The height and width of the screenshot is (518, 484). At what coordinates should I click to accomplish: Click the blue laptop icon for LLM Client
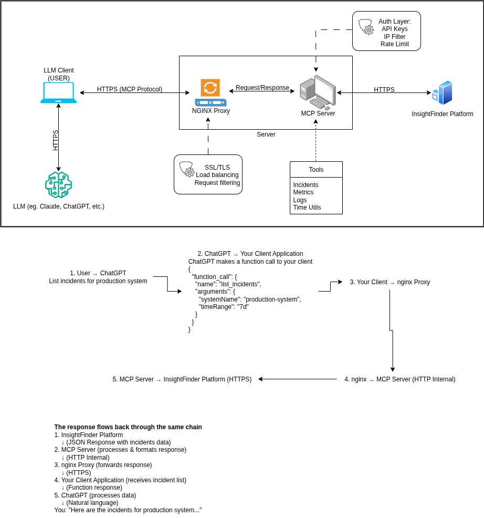click(x=58, y=93)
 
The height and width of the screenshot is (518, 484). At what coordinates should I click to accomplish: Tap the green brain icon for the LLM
click(x=58, y=185)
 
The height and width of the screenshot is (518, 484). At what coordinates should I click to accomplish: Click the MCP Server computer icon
click(x=318, y=92)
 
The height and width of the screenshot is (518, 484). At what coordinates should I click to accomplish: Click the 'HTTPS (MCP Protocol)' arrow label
click(x=130, y=89)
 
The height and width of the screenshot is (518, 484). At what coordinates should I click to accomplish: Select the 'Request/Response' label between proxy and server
click(x=262, y=88)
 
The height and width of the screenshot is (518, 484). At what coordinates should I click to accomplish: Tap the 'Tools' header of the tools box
click(x=316, y=170)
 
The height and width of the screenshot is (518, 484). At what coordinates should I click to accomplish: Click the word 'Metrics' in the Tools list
click(x=303, y=192)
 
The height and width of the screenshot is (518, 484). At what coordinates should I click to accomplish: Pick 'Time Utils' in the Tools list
click(x=307, y=208)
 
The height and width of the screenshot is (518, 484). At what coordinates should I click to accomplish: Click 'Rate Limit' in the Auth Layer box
click(x=394, y=44)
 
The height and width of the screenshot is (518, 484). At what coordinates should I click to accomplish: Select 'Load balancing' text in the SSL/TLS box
click(x=217, y=175)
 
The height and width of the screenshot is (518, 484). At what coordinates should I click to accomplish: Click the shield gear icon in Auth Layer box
click(x=366, y=27)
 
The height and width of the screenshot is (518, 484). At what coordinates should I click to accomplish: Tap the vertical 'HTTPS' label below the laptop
click(x=56, y=140)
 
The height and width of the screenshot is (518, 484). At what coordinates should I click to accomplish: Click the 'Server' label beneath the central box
click(x=266, y=134)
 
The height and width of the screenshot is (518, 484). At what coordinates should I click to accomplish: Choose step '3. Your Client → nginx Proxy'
click(x=390, y=282)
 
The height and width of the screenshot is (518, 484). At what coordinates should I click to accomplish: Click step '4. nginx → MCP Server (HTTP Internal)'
click(x=399, y=379)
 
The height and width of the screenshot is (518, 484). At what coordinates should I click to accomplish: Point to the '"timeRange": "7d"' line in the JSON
click(x=223, y=307)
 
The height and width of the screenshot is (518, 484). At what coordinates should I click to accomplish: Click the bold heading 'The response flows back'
click(x=128, y=427)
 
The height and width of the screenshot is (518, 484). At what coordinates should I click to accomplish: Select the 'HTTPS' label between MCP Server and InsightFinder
click(x=384, y=90)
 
